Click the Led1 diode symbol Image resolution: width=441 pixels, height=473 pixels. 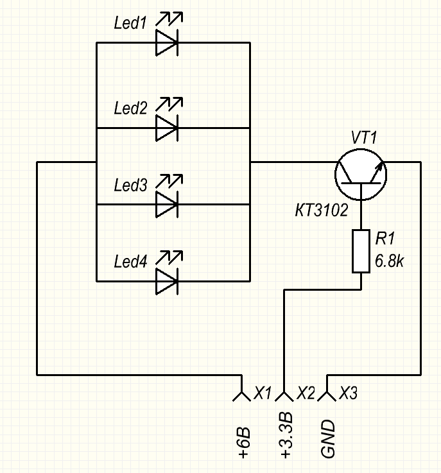click(167, 43)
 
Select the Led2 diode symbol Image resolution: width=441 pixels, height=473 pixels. click(167, 128)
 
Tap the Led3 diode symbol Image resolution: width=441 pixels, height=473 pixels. click(167, 205)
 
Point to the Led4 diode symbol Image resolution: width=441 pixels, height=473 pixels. click(167, 281)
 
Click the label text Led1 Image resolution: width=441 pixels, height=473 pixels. click(130, 24)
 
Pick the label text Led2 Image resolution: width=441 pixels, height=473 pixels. click(130, 108)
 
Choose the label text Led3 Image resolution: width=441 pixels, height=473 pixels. click(130, 185)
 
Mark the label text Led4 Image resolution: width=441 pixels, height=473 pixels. click(130, 262)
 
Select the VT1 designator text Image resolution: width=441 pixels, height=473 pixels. click(365, 137)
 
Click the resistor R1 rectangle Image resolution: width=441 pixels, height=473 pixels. click(361, 251)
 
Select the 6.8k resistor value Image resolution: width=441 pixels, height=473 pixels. click(392, 262)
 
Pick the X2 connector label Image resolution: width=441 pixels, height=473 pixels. click(306, 393)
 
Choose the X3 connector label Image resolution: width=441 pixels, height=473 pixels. click(349, 393)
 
